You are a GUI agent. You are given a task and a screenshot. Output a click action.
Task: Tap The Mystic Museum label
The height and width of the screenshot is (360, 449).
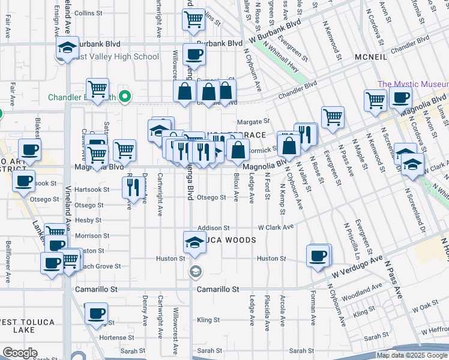point(413,85)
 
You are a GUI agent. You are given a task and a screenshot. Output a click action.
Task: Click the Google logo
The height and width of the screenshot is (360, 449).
point(20,353)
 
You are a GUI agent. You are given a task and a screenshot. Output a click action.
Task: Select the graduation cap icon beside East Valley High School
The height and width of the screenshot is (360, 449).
point(67,48)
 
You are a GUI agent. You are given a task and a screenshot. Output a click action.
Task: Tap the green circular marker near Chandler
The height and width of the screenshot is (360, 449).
point(125,96)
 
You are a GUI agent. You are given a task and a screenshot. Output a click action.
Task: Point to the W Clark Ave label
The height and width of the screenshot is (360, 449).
point(276,227)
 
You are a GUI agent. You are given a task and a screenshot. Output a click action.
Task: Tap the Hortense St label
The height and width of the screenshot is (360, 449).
point(112,338)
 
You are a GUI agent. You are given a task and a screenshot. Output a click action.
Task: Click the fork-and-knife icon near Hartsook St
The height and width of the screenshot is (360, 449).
point(132,188)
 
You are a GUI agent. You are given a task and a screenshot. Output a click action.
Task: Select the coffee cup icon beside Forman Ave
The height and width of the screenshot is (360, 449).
point(318,256)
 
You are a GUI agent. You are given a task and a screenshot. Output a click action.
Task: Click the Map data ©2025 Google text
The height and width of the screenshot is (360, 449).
point(412,355)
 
